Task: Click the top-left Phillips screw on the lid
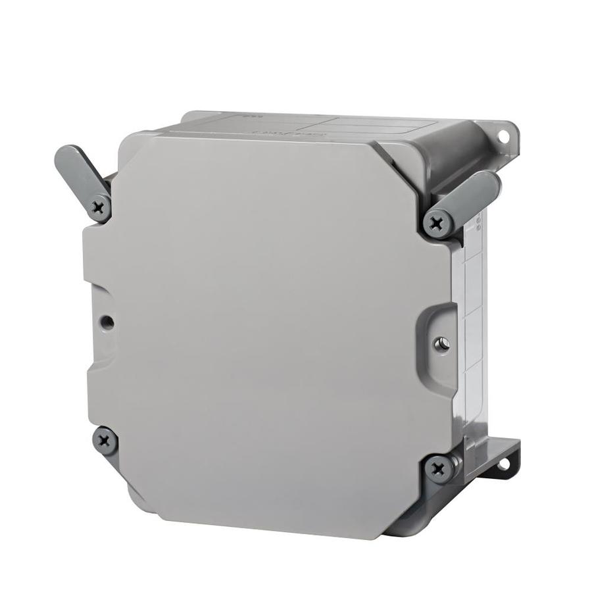point(99,209)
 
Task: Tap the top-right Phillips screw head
point(437,224)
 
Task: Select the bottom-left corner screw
point(104,439)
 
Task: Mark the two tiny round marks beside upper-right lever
point(478,224)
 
